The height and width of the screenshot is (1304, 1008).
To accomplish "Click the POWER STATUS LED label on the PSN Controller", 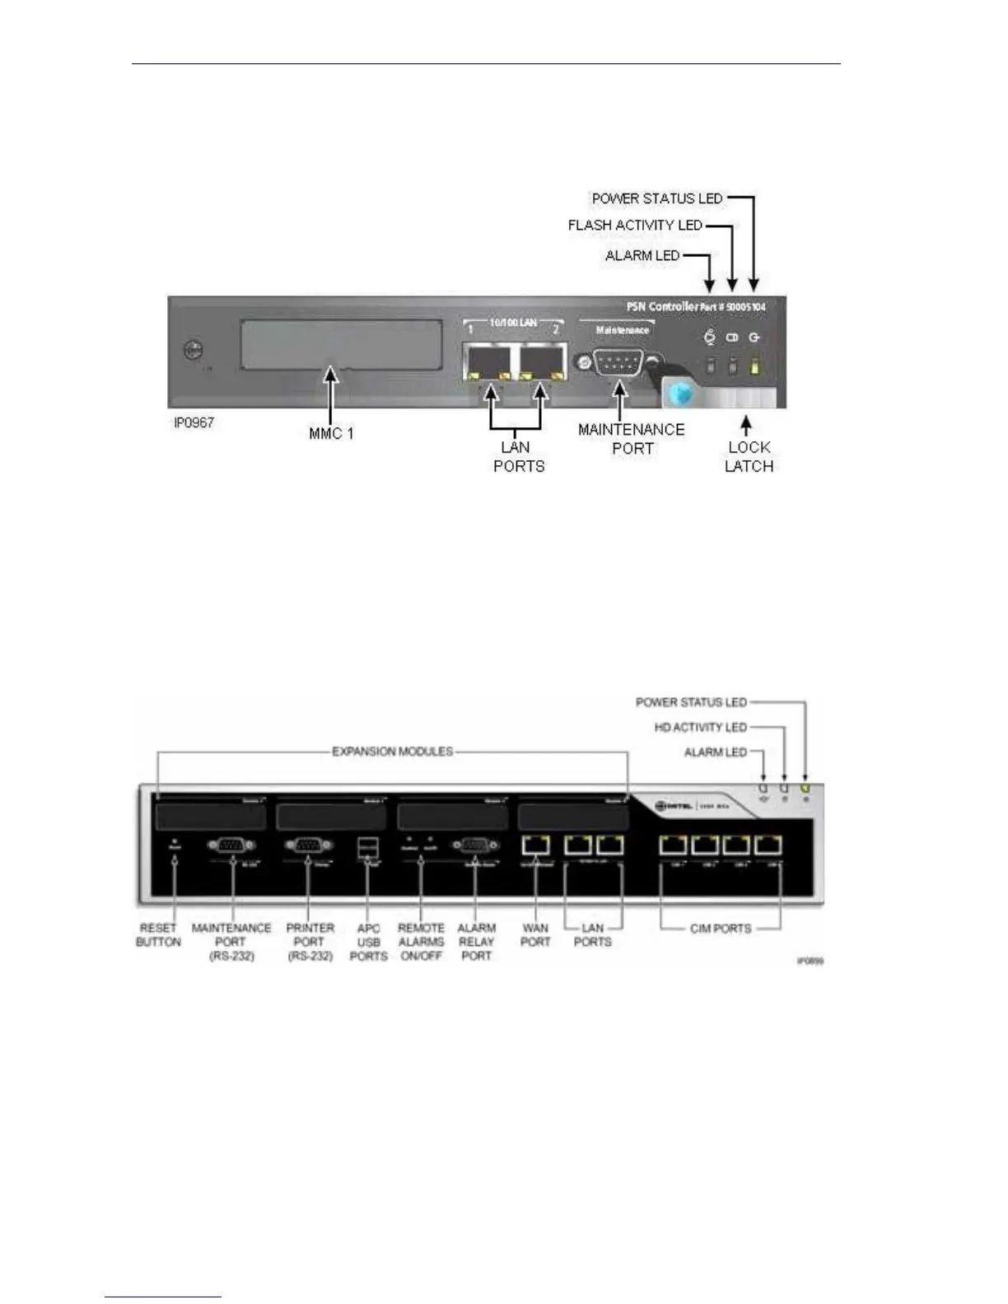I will coord(656,198).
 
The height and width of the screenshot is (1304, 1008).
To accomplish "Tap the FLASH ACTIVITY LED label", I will coord(635,225).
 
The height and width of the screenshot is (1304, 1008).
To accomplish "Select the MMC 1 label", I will coord(331,433).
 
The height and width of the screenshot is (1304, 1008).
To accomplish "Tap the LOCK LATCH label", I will coord(748,457).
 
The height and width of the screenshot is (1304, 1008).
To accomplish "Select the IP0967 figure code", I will coord(194,423).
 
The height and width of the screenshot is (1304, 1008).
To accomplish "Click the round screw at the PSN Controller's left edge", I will coord(192,351).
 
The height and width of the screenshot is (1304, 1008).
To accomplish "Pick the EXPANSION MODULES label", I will coord(392,752).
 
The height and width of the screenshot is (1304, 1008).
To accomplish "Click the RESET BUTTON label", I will coord(158,935).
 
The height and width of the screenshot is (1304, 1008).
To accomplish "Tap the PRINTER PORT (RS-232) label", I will coord(310,942).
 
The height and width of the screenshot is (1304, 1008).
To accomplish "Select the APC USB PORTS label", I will coord(368,942).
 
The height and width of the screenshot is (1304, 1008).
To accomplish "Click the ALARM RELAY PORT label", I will coord(476,942).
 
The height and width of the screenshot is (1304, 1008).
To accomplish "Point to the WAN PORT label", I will coord(535,935).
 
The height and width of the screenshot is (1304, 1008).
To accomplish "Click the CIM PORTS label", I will coord(721,929).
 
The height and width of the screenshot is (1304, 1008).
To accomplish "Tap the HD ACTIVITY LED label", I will coord(700,727).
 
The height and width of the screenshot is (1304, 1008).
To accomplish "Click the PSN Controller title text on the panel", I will coord(662,306).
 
